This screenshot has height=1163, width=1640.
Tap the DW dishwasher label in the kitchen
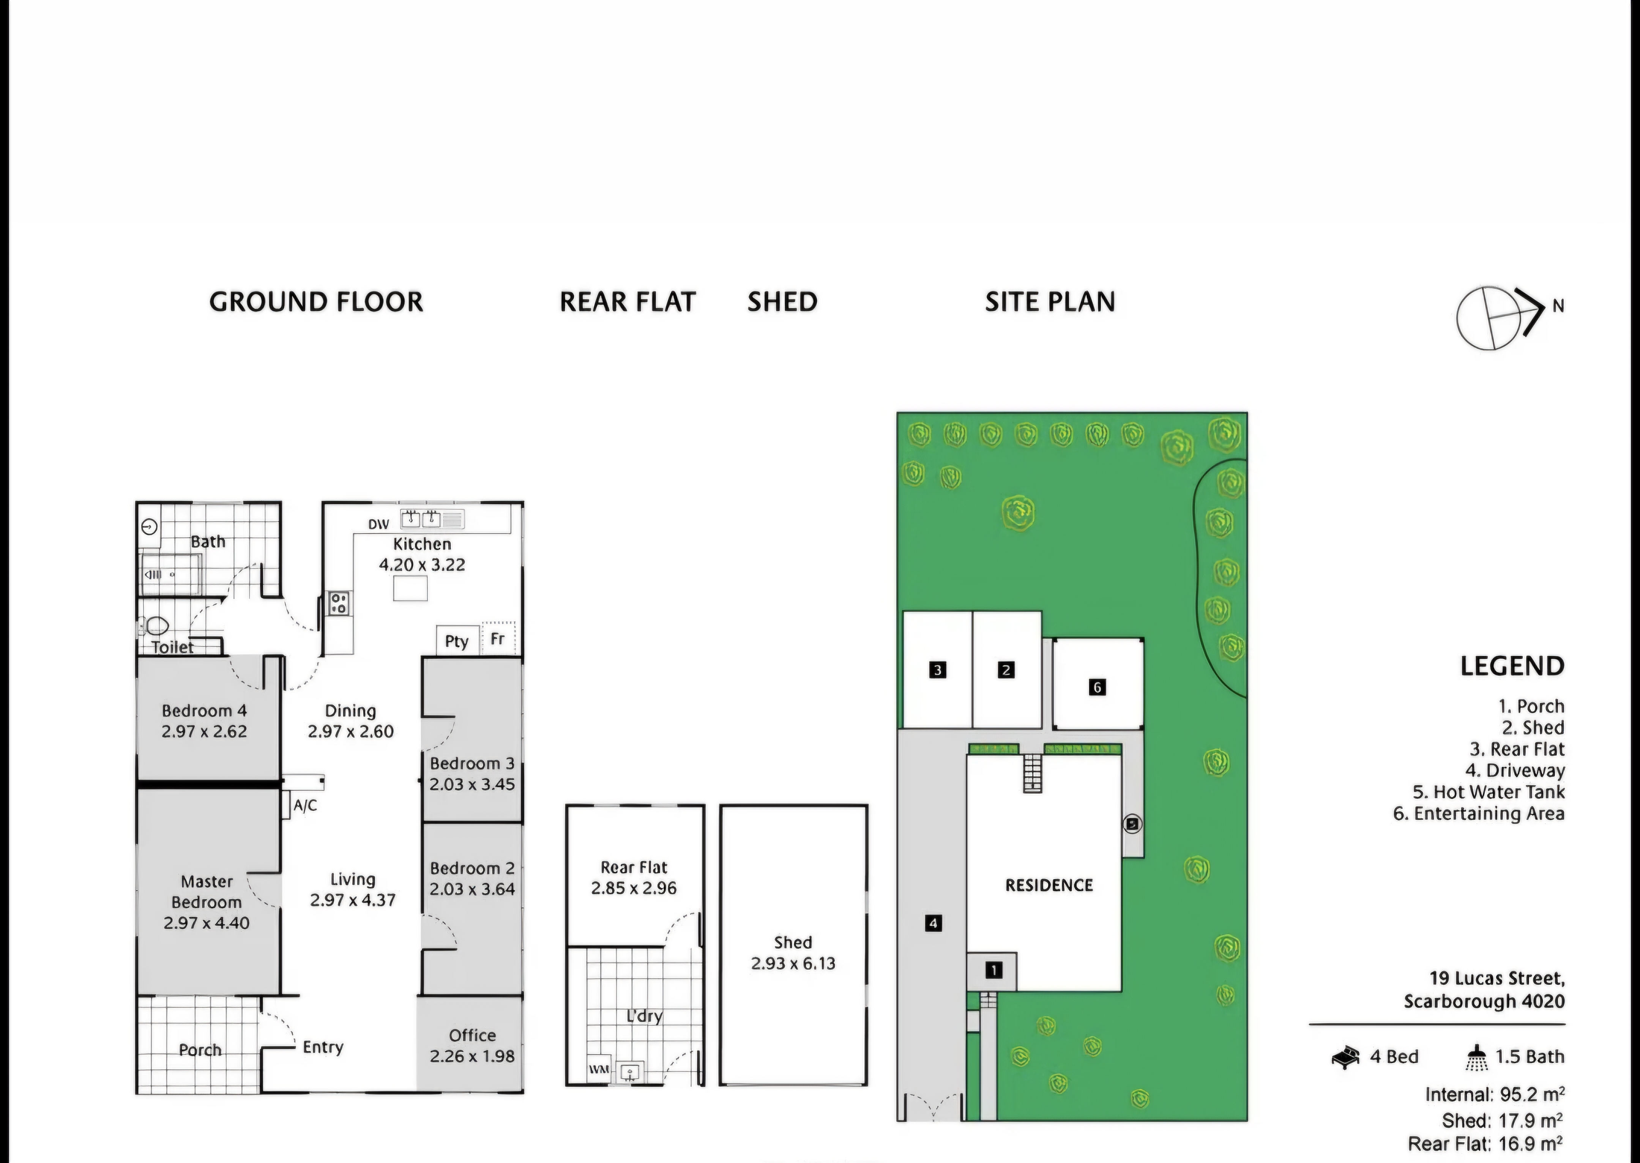click(378, 524)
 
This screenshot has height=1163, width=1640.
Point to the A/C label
click(305, 806)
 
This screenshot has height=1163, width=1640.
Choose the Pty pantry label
click(456, 641)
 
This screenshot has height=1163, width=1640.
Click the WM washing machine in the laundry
click(599, 1069)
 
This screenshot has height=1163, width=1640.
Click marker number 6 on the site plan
click(1096, 687)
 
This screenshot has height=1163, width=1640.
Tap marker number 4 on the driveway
click(933, 923)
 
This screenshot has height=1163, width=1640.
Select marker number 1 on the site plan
click(993, 970)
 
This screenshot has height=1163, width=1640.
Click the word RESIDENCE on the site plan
click(1049, 885)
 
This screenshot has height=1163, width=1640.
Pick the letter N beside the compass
click(1558, 306)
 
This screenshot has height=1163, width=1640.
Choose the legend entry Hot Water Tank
click(1488, 792)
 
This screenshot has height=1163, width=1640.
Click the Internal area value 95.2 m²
click(1531, 1095)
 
